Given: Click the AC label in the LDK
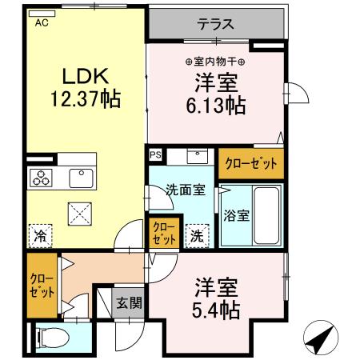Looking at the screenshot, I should coord(40,23).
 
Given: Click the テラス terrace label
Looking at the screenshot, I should coord(216,24).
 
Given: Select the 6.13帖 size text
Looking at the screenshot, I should coord(216,105).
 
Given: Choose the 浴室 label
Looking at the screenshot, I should coord(235,214).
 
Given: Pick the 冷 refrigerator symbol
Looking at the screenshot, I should coord(39,236).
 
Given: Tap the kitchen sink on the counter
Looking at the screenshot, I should coord(81,177).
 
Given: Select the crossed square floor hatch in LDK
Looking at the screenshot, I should coord(80,214).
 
